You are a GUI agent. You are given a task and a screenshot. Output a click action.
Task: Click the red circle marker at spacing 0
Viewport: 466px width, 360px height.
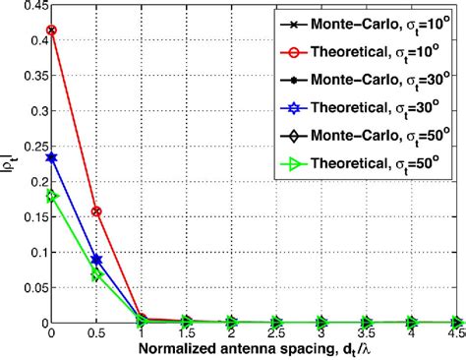pyautogui.click(x=51, y=30)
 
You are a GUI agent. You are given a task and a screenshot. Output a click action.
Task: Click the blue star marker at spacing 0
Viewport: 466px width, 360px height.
pyautogui.click(x=51, y=157)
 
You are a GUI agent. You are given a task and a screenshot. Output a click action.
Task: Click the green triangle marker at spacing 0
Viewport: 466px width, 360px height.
pyautogui.click(x=51, y=196)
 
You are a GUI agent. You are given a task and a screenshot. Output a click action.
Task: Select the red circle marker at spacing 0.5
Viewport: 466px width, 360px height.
pyautogui.click(x=95, y=211)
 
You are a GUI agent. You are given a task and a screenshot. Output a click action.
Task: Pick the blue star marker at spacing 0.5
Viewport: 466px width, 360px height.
pyautogui.click(x=95, y=260)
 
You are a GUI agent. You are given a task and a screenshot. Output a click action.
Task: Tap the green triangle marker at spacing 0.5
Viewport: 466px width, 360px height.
pyautogui.click(x=95, y=275)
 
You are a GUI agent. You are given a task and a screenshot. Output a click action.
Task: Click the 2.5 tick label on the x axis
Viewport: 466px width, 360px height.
pyautogui.click(x=275, y=333)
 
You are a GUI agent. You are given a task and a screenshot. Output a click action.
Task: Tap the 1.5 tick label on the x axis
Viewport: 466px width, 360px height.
pyautogui.click(x=186, y=333)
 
